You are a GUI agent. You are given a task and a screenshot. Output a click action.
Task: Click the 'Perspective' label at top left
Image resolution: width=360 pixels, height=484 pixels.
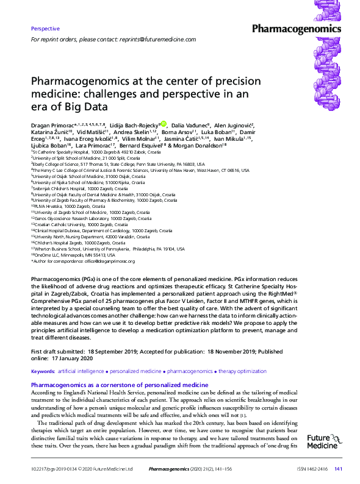(45, 29)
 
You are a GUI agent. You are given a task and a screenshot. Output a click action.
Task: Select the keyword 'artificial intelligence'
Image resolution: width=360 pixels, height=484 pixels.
(81, 371)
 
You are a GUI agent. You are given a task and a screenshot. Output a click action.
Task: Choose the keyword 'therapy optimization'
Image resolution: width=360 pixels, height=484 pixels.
(226, 371)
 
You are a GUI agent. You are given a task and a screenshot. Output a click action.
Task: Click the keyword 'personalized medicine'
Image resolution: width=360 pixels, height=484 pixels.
(135, 371)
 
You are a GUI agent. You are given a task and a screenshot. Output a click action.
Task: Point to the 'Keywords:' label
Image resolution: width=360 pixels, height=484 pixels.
(43, 371)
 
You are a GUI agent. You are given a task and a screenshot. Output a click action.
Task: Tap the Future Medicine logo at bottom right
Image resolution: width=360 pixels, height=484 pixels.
(322, 441)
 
